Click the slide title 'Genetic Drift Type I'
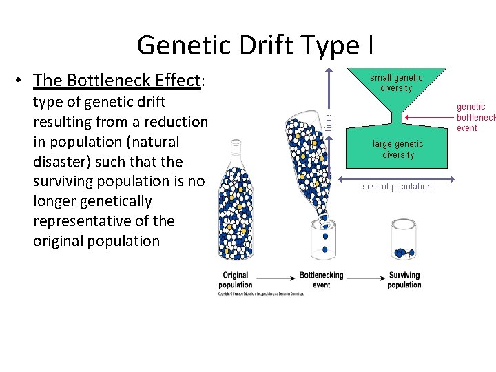[256, 45]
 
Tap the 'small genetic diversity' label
[396, 83]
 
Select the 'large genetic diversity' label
[398, 149]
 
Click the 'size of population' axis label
[397, 187]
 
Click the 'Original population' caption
[236, 280]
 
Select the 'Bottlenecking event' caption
[321, 280]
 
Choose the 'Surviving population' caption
[404, 280]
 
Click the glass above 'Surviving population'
[404, 240]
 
